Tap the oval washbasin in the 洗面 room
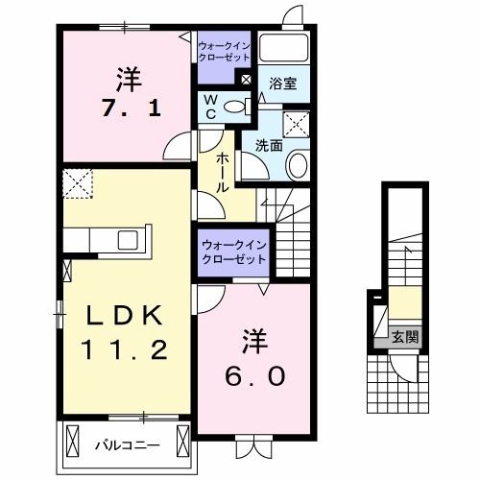pyautogui.click(x=298, y=165)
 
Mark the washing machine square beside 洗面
pyautogui.click(x=296, y=123)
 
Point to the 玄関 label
pyautogui.click(x=404, y=336)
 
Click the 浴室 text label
pyautogui.click(x=282, y=84)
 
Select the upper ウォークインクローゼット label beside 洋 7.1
pyautogui.click(x=223, y=50)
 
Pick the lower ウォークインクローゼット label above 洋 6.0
pyautogui.click(x=234, y=252)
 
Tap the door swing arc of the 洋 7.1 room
pyautogui.click(x=178, y=149)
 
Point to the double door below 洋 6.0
pyautogui.click(x=253, y=444)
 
